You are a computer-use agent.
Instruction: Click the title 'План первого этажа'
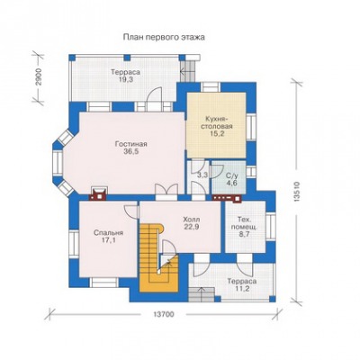pos(164,37)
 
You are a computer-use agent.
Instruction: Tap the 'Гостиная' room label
pos(130,144)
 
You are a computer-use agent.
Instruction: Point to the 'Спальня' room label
pos(108,233)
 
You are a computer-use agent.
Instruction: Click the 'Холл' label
pos(192,220)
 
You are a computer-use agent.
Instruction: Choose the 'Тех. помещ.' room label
pos(243,222)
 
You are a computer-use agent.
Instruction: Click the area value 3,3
pos(202,175)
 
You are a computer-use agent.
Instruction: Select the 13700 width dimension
pos(164,314)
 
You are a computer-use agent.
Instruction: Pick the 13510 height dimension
pos(297,192)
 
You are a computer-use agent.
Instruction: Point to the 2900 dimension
pos(39,77)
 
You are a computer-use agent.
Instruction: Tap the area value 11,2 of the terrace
pos(242,289)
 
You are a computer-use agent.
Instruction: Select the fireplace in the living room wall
pos(98,193)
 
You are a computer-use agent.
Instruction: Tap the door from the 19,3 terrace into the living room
pos(155,96)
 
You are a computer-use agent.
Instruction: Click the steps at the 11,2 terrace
pos(202,294)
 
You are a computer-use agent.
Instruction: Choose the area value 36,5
pos(130,151)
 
